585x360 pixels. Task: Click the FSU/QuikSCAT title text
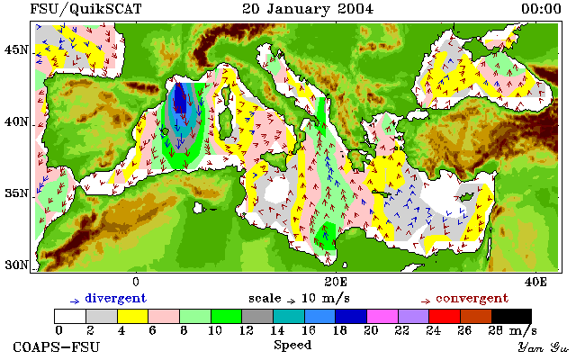[85, 9]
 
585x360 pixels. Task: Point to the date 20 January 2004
[308, 9]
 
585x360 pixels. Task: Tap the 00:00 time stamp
[541, 9]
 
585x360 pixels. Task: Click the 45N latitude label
[16, 49]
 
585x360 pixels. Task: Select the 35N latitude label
[16, 193]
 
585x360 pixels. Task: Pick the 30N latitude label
[16, 265]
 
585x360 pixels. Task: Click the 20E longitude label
[336, 282]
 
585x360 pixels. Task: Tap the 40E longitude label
[535, 282]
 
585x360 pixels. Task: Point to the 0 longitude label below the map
[136, 282]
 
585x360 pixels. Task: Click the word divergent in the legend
[116, 299]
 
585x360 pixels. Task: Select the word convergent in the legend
[472, 299]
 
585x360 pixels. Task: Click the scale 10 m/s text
[299, 299]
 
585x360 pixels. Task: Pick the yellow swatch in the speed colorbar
[133, 316]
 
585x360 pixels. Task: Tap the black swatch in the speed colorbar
[511, 316]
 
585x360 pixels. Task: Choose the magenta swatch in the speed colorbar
[382, 316]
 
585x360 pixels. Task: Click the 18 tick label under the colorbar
[339, 330]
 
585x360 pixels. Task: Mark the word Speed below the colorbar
[292, 345]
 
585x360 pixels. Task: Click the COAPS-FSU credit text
[57, 347]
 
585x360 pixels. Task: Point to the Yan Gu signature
[544, 347]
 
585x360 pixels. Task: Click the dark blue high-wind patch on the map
[180, 98]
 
